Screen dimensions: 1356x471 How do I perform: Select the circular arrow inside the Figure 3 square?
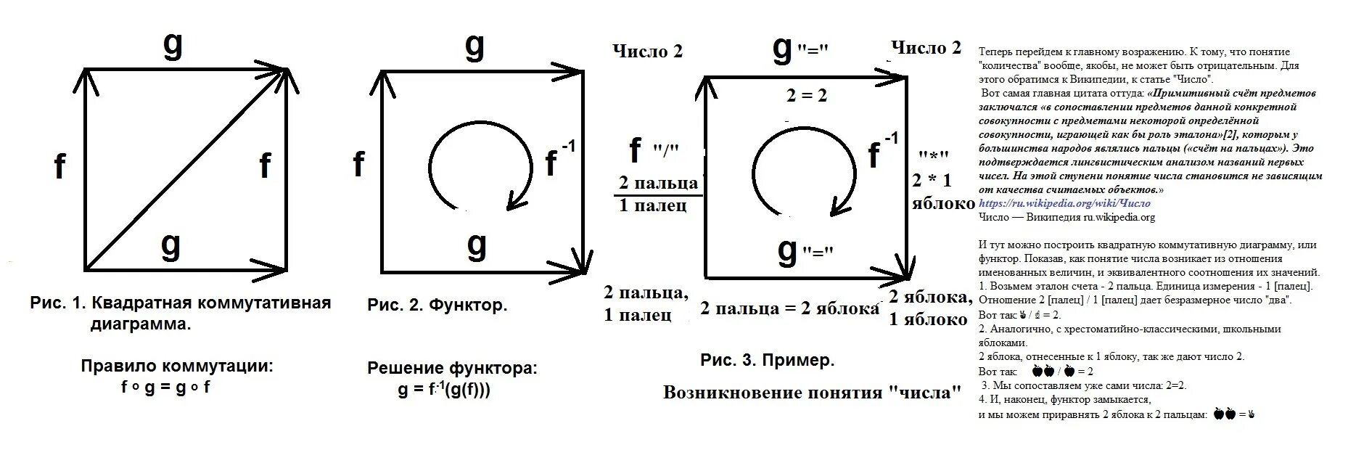coord(755,156)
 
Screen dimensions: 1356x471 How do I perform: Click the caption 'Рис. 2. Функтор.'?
coord(437,305)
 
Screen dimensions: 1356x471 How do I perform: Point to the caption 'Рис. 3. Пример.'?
coord(767,359)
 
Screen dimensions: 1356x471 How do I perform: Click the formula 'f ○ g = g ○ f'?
coord(165,387)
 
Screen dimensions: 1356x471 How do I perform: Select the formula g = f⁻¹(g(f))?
coord(443,390)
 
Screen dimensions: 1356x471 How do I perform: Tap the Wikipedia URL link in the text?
coord(1064,203)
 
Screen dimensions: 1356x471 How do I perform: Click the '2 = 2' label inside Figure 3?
coord(807,95)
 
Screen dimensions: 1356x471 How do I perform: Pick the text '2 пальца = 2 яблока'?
coord(789,308)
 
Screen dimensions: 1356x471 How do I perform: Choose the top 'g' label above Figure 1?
coord(172,45)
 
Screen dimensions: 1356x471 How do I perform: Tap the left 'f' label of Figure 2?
coord(358,165)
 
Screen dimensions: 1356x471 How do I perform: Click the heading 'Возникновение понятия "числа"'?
coord(812,393)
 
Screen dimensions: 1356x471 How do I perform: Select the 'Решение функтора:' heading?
coord(452,368)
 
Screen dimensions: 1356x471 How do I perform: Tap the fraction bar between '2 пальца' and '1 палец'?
coord(658,195)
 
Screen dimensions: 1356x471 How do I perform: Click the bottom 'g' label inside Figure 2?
coord(476,245)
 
